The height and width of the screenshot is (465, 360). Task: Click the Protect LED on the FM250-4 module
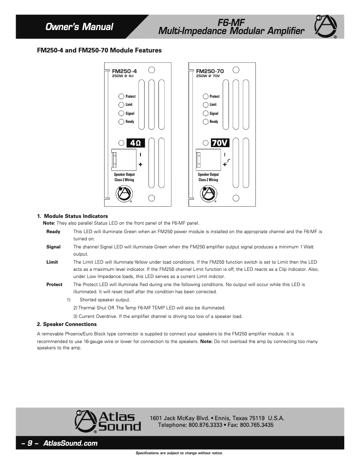point(121,96)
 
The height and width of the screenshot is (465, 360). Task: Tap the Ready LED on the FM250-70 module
point(205,122)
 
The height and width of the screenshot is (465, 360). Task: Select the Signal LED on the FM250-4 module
point(121,113)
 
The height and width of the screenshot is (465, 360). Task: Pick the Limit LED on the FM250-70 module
point(205,104)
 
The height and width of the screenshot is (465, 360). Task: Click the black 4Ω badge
point(136,143)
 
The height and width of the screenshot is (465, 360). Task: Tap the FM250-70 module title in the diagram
point(210,71)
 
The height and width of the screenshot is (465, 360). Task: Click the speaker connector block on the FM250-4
point(124,159)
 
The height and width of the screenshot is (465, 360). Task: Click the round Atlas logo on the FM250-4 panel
point(124,194)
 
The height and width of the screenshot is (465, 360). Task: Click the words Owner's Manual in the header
point(79,27)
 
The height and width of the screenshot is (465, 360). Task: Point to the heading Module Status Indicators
point(75,216)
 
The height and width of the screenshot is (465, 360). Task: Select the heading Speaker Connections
point(66,324)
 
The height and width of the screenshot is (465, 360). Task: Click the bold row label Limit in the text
point(52,262)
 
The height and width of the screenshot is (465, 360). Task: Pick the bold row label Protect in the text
point(54,284)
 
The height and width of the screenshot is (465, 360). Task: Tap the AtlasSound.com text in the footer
point(70,443)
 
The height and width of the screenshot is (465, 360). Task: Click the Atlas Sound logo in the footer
point(108,422)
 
